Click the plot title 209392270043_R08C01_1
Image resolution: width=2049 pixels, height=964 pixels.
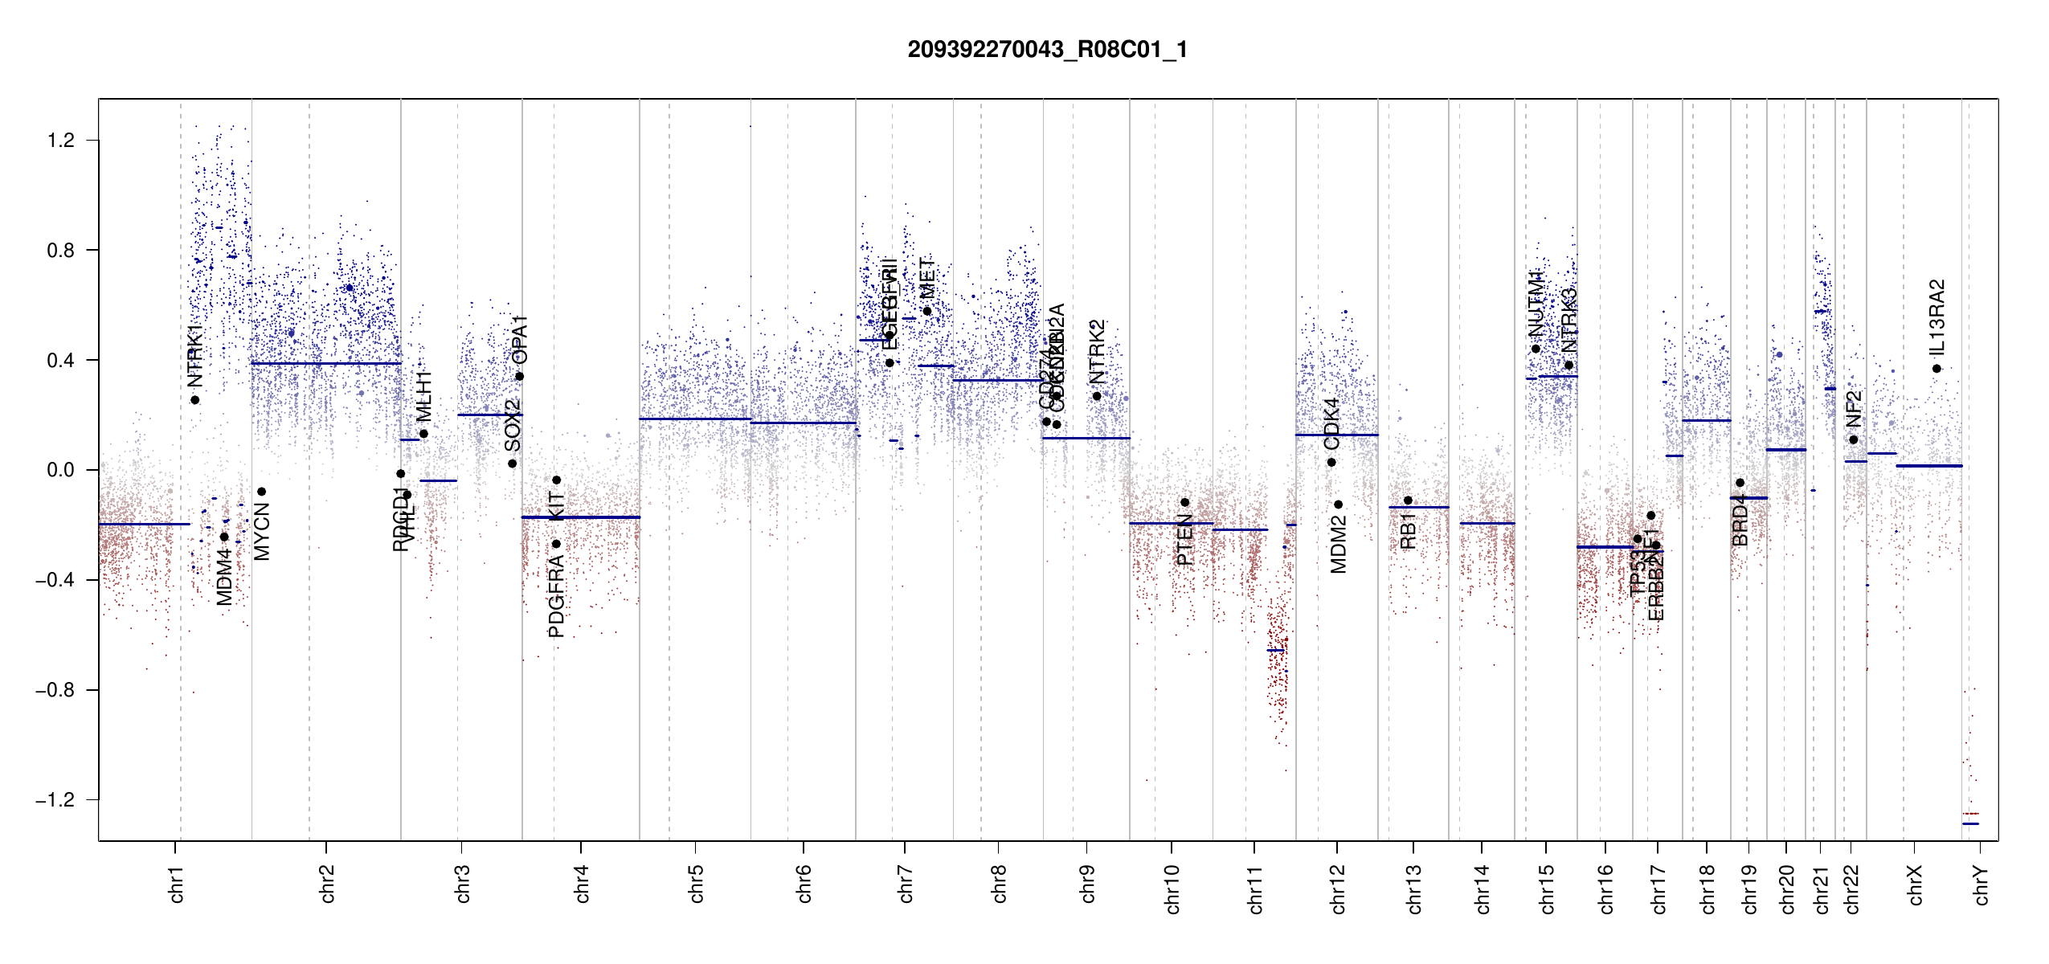click(1047, 50)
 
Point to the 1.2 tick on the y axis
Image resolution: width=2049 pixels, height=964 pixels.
click(60, 141)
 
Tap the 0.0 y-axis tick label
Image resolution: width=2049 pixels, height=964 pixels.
click(60, 470)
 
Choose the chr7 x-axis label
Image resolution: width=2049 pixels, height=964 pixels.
click(906, 884)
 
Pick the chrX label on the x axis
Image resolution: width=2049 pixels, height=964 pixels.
click(1915, 884)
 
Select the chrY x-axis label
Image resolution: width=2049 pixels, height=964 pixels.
click(1981, 884)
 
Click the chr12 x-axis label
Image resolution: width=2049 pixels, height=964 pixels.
click(1338, 888)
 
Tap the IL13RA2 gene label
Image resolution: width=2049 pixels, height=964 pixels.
click(1937, 317)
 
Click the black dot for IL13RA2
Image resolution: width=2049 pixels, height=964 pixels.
click(1937, 369)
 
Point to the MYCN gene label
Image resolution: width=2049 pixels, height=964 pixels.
click(262, 531)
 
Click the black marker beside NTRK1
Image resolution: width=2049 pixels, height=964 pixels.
click(194, 400)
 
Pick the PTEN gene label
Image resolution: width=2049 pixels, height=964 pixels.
click(1184, 540)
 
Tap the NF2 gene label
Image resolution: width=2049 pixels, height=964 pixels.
click(1854, 409)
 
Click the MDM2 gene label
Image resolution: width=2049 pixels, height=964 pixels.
click(1339, 545)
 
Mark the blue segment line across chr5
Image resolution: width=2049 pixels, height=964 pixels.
click(695, 419)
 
